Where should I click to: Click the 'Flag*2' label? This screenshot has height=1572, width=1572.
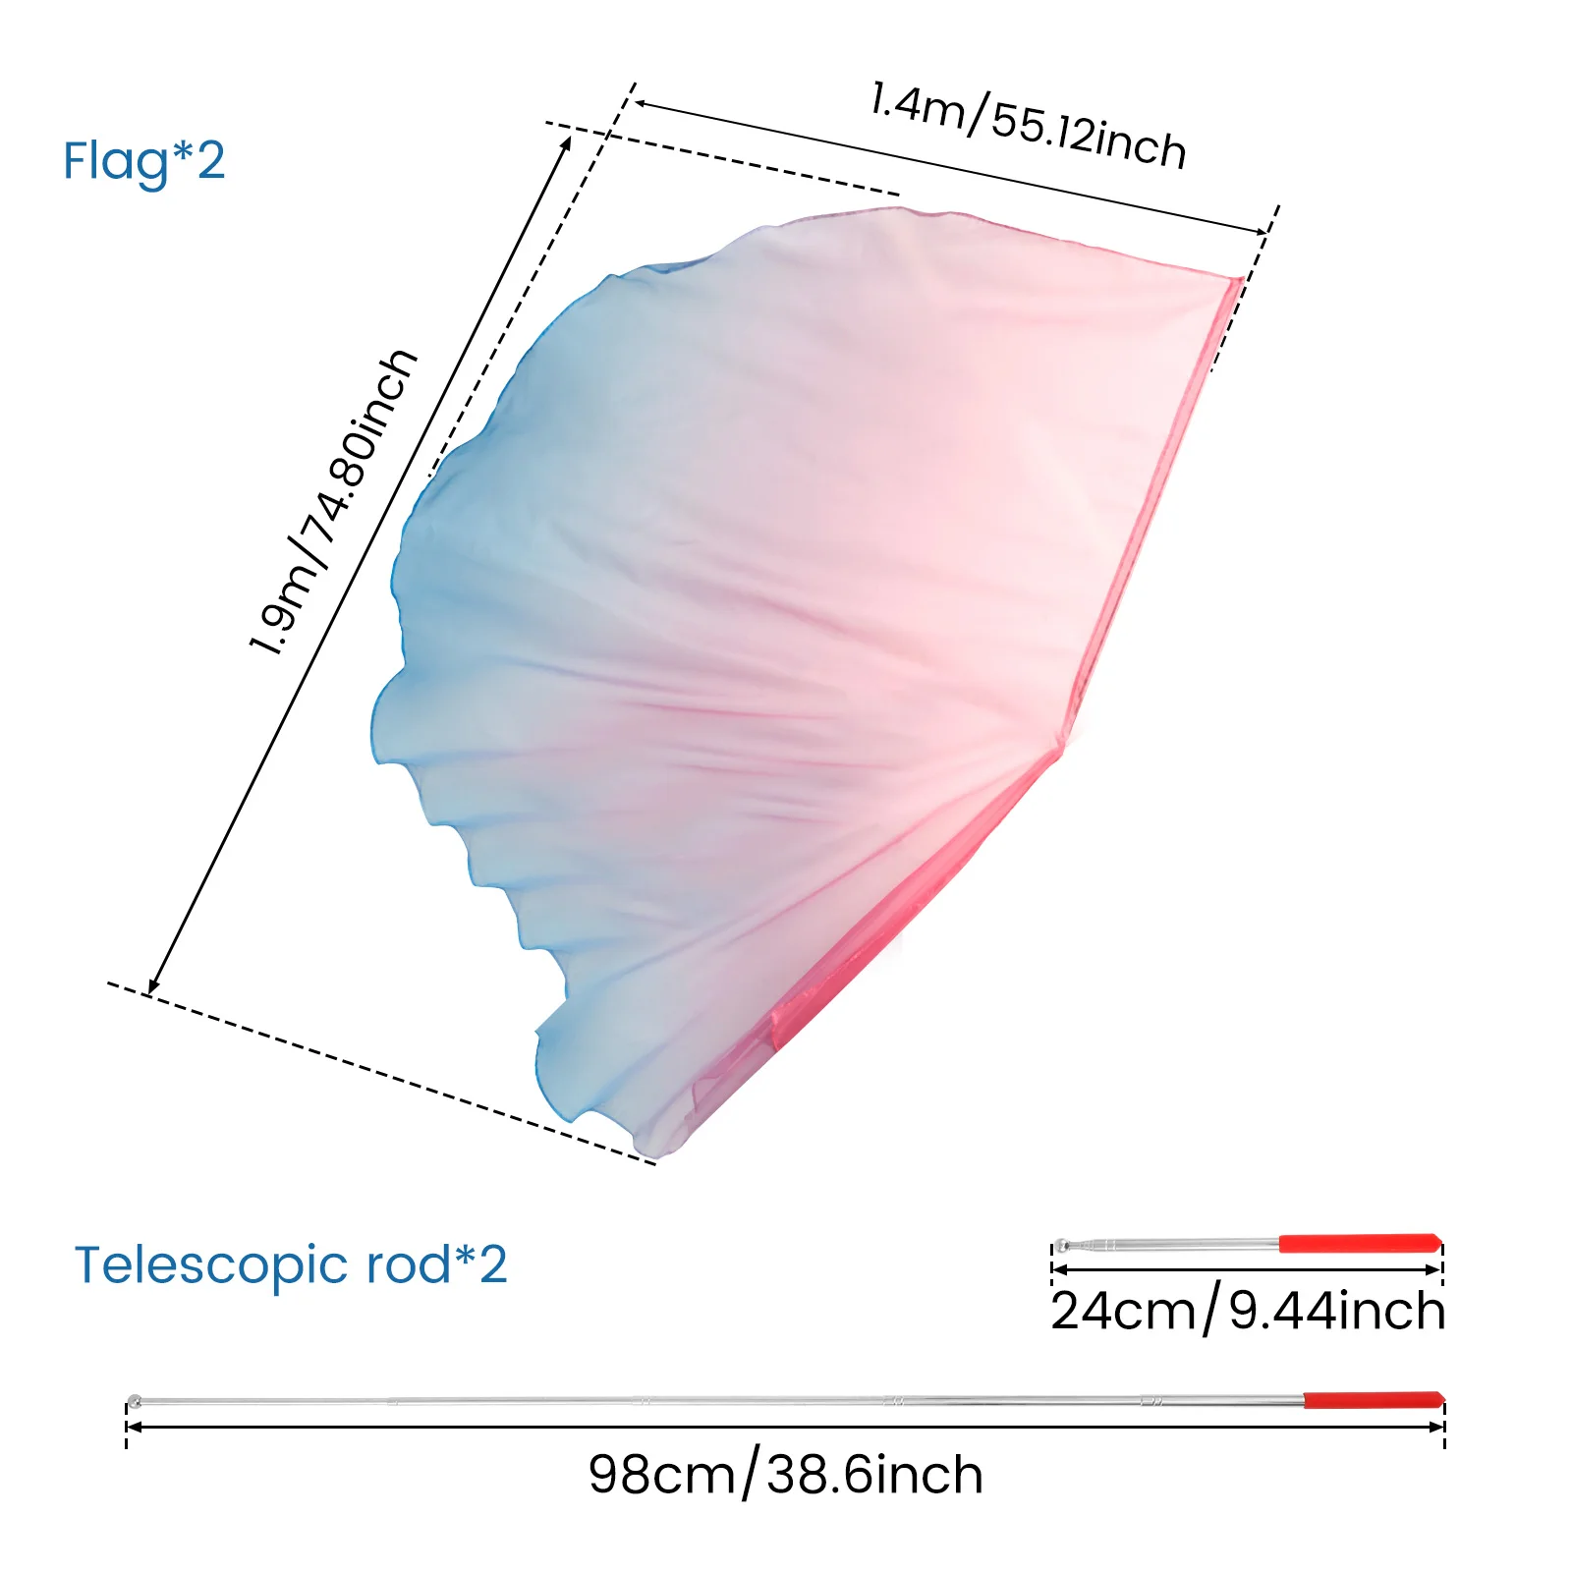click(x=143, y=161)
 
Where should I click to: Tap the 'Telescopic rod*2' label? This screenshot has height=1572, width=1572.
click(x=291, y=1265)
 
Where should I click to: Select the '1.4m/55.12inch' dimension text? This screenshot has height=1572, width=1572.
click(x=1028, y=126)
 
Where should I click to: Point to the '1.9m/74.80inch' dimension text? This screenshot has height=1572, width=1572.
click(x=334, y=501)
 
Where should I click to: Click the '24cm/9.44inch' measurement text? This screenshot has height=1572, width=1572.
click(x=1248, y=1311)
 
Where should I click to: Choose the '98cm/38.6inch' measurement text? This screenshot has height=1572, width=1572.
click(x=786, y=1475)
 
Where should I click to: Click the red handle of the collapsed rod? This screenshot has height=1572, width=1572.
click(x=1360, y=1243)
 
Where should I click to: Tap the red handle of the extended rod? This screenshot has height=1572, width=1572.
click(x=1374, y=1399)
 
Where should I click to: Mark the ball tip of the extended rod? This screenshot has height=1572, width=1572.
click(x=135, y=1400)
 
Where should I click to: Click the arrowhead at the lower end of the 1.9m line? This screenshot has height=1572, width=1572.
click(x=152, y=988)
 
